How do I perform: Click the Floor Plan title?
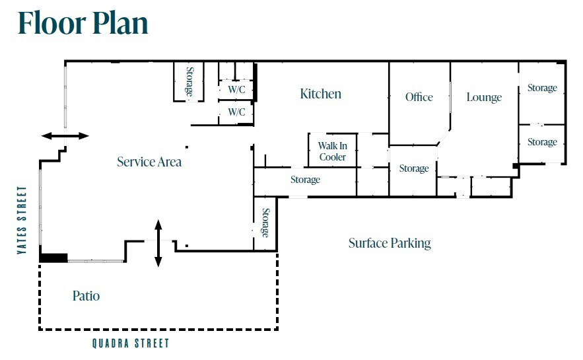pos(83,23)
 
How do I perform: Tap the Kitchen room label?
pos(320,94)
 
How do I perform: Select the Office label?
pos(419,97)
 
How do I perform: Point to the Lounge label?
pos(484,98)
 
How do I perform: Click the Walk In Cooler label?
pos(332,151)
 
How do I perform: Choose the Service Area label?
pos(149,162)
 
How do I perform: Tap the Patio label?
pos(86,296)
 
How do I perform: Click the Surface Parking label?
pos(390,243)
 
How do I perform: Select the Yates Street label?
pos(22,220)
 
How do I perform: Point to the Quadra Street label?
pos(131,343)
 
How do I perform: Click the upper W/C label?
pos(236,90)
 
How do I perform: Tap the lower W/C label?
pos(236,112)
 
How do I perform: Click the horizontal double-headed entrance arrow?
pos(65,136)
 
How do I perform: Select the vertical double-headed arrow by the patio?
pos(158,243)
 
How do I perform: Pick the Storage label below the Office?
pos(414,168)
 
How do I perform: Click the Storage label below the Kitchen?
pos(305,180)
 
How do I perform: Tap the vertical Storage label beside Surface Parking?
pos(265,223)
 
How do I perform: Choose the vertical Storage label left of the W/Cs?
pos(189,81)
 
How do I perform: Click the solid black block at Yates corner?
pos(53,258)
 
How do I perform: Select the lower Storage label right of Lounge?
pos(542,142)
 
